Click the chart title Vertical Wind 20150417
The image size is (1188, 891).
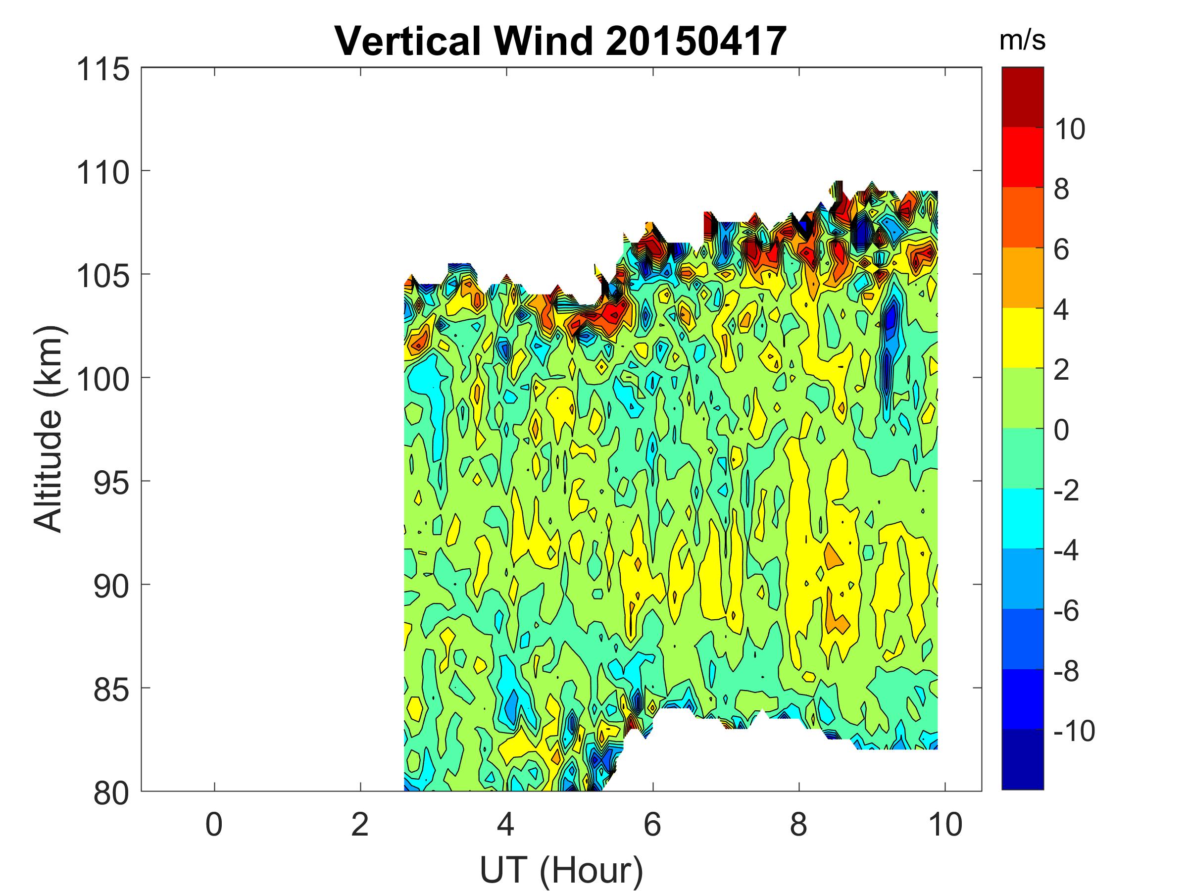(x=561, y=41)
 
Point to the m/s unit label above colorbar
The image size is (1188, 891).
(x=1022, y=41)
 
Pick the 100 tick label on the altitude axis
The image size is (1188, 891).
(x=103, y=379)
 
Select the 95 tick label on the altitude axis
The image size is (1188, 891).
(x=112, y=482)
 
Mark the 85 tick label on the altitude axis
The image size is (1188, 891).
(x=112, y=689)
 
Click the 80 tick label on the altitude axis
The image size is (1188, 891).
(x=112, y=792)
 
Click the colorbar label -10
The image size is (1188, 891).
(x=1074, y=731)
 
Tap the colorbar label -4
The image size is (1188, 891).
(x=1067, y=550)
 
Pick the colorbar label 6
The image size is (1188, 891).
(x=1061, y=250)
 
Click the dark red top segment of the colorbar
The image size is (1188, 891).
(x=1022, y=97)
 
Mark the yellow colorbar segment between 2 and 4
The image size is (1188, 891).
(x=1022, y=338)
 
